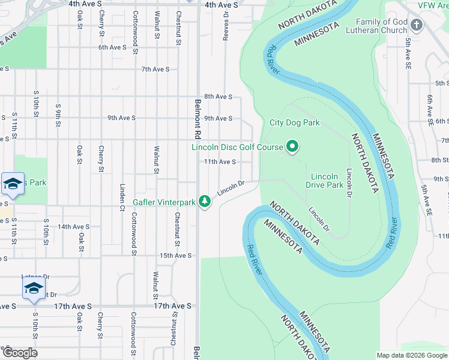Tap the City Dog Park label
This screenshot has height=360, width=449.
click(x=294, y=123)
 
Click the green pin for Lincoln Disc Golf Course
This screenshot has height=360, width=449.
click(x=292, y=146)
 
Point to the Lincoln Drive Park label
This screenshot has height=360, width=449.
click(x=327, y=181)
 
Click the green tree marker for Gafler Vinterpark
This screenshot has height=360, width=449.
click(x=205, y=202)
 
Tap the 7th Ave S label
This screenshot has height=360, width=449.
click(x=155, y=70)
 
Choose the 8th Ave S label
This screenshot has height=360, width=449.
click(x=218, y=97)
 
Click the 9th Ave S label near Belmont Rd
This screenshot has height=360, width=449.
click(x=218, y=119)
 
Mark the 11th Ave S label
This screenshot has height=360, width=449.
click(x=220, y=162)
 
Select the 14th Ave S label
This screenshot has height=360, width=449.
click(x=74, y=227)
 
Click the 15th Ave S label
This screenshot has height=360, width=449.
click(x=175, y=256)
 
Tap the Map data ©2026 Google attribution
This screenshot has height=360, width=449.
click(x=411, y=355)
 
